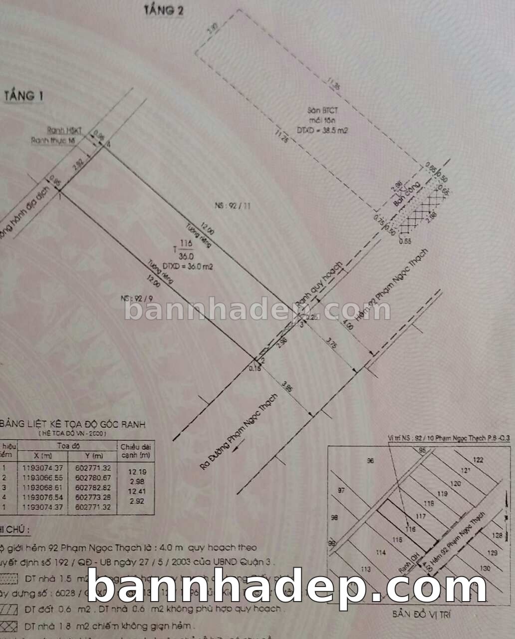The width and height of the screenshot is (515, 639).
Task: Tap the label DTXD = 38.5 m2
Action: (322, 130)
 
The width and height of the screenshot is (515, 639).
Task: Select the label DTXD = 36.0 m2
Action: (188, 267)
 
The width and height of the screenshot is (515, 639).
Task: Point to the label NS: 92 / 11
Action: (233, 206)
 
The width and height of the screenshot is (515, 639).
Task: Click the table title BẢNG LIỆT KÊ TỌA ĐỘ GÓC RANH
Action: (73, 424)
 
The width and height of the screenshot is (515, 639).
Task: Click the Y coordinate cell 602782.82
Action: (93, 487)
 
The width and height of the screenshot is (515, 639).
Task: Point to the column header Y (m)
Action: (93, 456)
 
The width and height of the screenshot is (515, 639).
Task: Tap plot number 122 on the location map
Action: (478, 460)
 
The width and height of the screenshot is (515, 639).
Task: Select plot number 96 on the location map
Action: (370, 461)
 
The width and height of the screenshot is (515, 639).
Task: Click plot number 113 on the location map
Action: (365, 569)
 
